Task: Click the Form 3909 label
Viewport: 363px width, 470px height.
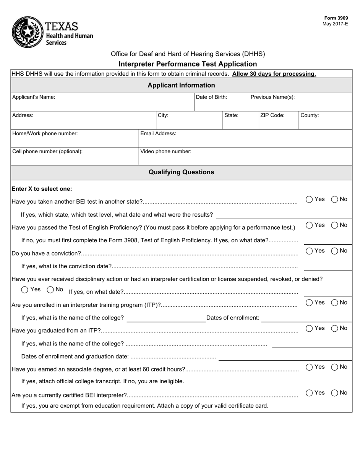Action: pos(336,18)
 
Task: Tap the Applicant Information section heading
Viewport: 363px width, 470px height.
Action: pos(181,85)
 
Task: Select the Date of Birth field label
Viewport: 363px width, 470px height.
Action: pos(211,97)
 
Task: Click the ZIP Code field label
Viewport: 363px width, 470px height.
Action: pos(272,115)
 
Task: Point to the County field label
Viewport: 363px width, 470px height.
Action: pos(310,115)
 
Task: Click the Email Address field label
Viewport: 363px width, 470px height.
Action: pos(158,133)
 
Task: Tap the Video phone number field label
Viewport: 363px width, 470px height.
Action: pos(166,151)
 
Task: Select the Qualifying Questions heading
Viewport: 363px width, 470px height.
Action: pos(181,172)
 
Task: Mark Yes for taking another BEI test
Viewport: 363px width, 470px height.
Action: pos(310,199)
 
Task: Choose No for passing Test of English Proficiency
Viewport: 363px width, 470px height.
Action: pos(334,225)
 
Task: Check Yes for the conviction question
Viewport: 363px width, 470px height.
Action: pos(310,251)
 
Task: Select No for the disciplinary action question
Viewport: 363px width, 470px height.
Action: pos(50,290)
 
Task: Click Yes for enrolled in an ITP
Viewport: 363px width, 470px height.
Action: pos(310,303)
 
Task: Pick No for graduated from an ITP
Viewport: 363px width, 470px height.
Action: pos(334,328)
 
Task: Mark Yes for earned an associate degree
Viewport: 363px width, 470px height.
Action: pos(310,367)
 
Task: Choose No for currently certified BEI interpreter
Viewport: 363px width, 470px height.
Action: pos(334,393)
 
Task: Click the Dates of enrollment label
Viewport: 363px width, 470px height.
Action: pos(233,318)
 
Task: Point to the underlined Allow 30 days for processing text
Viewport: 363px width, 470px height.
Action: pos(274,74)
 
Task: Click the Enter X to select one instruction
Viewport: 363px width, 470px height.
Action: pos(42,189)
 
